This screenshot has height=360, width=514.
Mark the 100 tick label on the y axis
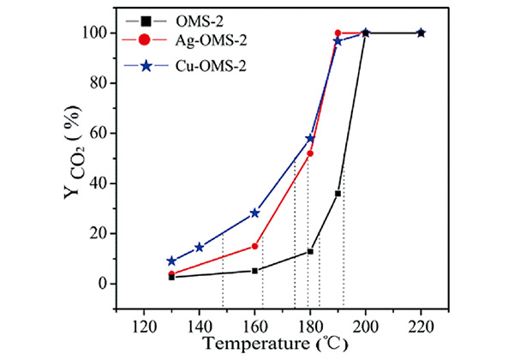click(x=100, y=33)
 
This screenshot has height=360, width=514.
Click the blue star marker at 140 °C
click(x=200, y=248)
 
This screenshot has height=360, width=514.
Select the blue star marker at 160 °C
click(x=254, y=213)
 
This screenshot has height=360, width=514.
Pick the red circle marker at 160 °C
click(x=254, y=246)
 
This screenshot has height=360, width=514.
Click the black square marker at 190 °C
click(x=338, y=194)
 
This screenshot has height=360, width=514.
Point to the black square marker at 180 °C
click(x=310, y=251)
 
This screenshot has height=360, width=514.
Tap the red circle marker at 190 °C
click(x=338, y=33)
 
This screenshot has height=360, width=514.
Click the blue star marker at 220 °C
click(x=421, y=33)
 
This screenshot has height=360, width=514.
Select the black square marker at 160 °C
click(x=254, y=270)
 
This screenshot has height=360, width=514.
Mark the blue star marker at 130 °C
click(x=171, y=261)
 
